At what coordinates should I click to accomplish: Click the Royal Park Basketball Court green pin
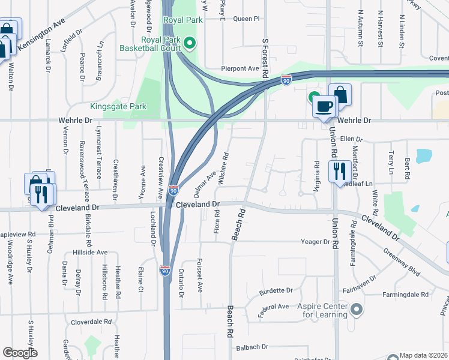point(190,43)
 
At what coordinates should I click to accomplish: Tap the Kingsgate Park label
point(118,107)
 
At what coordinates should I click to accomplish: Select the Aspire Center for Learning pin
point(357,310)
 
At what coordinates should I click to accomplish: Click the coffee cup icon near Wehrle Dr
point(324,107)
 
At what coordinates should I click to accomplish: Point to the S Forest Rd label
point(264,56)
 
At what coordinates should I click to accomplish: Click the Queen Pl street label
point(246,19)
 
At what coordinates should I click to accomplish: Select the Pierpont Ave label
point(240,69)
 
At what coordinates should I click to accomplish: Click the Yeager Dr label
point(316,242)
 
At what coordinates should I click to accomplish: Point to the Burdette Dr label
point(276,290)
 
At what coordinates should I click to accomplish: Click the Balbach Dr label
point(252,347)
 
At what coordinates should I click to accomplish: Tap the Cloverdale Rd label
point(91,322)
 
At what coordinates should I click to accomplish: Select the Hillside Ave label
point(90,253)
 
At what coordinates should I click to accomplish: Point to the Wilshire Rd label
point(224,167)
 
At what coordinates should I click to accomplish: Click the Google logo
point(20,353)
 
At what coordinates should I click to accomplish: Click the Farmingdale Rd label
point(408,295)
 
